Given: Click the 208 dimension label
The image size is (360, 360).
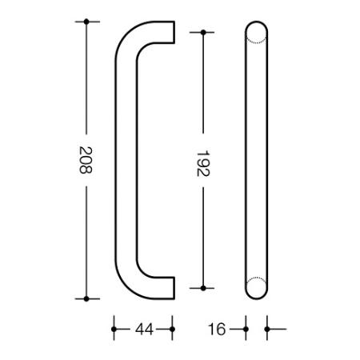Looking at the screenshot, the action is [86, 160].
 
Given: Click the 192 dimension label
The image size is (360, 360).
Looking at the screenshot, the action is [203, 163].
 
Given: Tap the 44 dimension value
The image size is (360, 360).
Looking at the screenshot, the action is [144, 330].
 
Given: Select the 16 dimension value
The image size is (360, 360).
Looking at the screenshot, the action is [217, 330].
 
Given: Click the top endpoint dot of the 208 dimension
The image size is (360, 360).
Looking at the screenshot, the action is [86, 22].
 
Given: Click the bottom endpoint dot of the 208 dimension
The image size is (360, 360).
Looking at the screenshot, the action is [86, 299].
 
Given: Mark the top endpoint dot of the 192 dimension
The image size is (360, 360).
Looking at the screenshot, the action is [203, 33].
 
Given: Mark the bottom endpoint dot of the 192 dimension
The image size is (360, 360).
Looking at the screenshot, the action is [203, 288].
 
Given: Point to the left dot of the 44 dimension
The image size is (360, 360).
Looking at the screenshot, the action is [114, 330].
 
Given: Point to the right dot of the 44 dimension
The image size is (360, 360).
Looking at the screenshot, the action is [172, 330].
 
